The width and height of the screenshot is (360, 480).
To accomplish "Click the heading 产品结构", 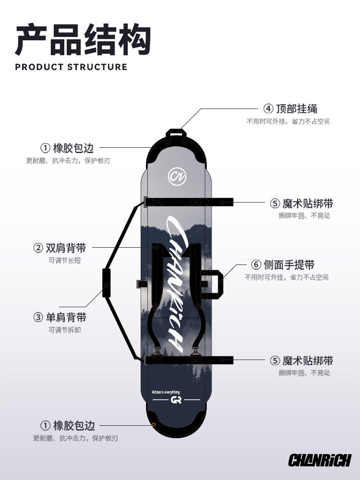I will [x=83, y=39].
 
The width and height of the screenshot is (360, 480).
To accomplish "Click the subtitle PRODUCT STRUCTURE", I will [x=71, y=67].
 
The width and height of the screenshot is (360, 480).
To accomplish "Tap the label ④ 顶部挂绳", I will [x=290, y=108].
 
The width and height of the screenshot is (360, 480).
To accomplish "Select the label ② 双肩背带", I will [x=60, y=248].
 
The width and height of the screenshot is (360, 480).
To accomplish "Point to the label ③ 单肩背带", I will [x=60, y=317].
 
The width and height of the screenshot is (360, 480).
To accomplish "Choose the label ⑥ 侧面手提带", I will [x=283, y=264].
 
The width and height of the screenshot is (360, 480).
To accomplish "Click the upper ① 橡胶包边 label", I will [x=67, y=147].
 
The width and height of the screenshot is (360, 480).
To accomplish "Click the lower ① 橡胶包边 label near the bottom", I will [x=67, y=425].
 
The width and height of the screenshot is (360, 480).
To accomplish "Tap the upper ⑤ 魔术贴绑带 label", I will [x=301, y=203].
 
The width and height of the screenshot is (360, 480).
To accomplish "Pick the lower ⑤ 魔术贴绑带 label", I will [x=301, y=360].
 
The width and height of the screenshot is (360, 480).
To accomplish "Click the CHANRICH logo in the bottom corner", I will [x=320, y=460].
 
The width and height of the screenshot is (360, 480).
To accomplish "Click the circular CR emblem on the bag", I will [x=175, y=176].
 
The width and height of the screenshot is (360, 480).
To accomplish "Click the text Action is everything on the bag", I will [x=166, y=392].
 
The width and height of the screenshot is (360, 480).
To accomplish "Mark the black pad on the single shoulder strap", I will [x=106, y=283].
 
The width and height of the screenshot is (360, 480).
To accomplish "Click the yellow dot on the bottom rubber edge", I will [x=153, y=424].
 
